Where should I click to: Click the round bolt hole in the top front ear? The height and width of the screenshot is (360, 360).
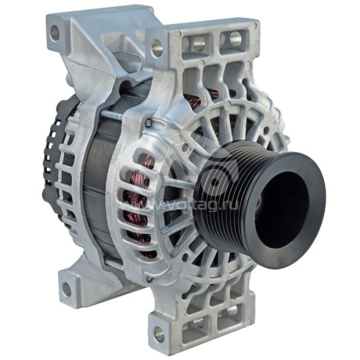tap(157, 47)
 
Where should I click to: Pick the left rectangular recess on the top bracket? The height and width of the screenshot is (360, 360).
tap(198, 45)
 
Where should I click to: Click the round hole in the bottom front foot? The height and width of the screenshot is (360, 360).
tap(157, 333)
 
